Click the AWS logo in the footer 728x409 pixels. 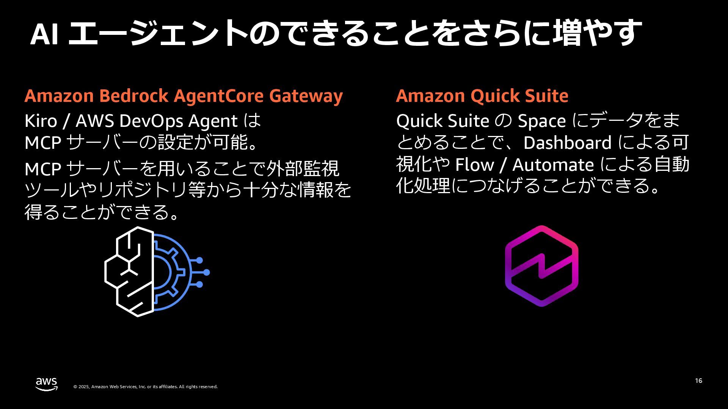(x=47, y=384)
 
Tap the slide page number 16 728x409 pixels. (x=698, y=381)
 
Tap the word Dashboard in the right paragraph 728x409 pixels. (x=567, y=143)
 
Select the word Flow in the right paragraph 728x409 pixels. (x=474, y=165)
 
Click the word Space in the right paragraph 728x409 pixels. (x=541, y=121)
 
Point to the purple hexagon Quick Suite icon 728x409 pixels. (x=541, y=266)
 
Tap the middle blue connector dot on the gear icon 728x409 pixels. (x=206, y=272)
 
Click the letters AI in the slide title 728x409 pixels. (x=44, y=35)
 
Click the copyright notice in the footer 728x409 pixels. (x=145, y=387)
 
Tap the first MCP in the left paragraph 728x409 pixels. (x=43, y=143)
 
